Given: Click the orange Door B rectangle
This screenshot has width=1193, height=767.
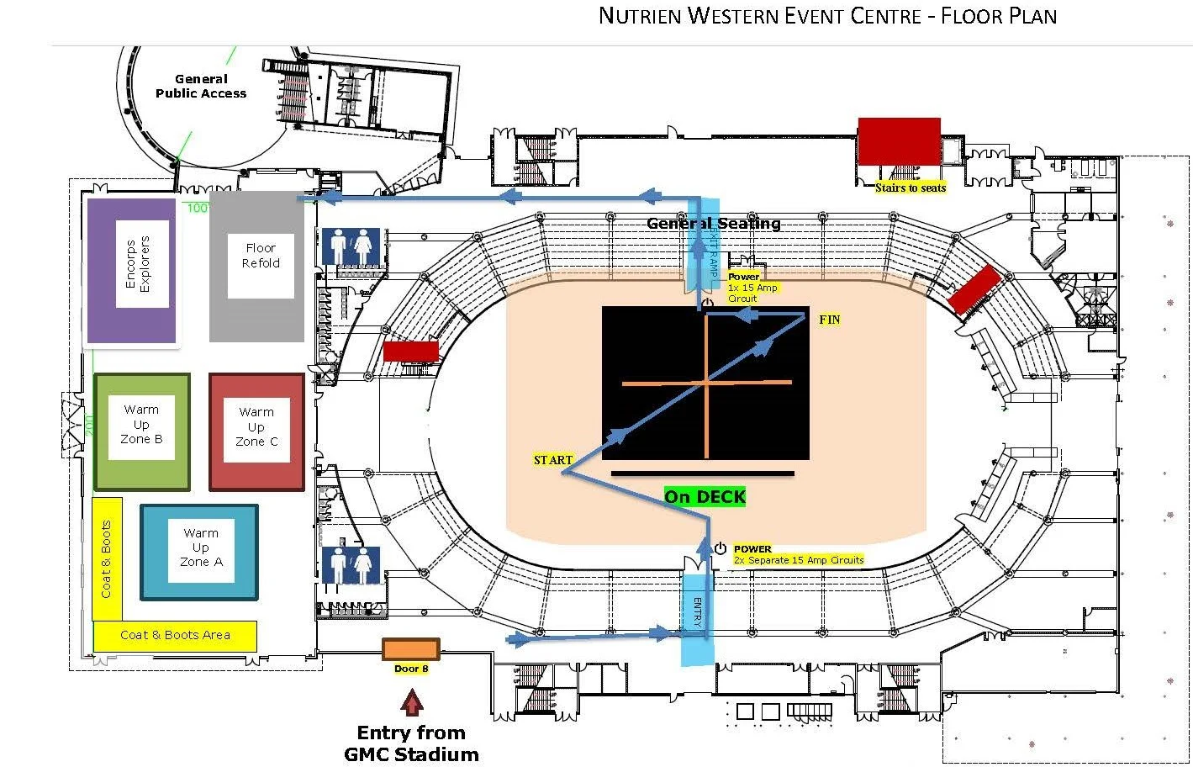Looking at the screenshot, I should [411, 649].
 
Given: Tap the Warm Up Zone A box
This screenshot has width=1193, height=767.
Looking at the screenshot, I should [199, 552].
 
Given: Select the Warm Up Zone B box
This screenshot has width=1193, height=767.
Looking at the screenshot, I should [142, 431].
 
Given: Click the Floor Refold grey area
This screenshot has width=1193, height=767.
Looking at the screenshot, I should [257, 266].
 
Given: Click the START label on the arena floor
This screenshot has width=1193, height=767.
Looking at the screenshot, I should [553, 460].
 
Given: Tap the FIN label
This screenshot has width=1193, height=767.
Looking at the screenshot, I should [829, 320].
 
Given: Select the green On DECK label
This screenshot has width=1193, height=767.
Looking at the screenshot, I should [705, 497].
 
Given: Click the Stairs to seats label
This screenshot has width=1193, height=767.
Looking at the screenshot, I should [910, 188].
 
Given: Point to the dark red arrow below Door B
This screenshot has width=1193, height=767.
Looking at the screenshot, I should [411, 701].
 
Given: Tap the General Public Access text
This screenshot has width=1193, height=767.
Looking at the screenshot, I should [201, 87].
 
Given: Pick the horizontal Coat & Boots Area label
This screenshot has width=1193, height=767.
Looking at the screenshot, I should [175, 635].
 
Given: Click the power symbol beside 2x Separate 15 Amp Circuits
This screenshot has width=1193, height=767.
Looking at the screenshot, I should [721, 548].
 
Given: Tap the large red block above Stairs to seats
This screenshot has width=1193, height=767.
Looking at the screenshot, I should [899, 142].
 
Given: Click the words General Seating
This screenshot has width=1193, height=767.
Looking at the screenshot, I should [713, 224].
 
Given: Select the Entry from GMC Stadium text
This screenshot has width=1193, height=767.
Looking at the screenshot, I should [411, 743].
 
